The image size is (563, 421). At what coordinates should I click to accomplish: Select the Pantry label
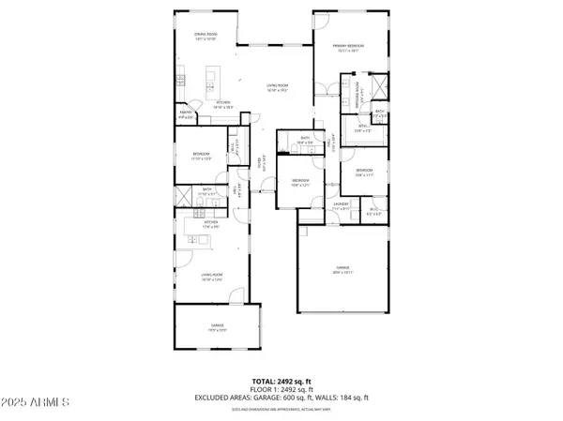pos(186,114)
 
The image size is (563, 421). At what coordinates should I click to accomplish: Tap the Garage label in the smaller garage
pos(217,326)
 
